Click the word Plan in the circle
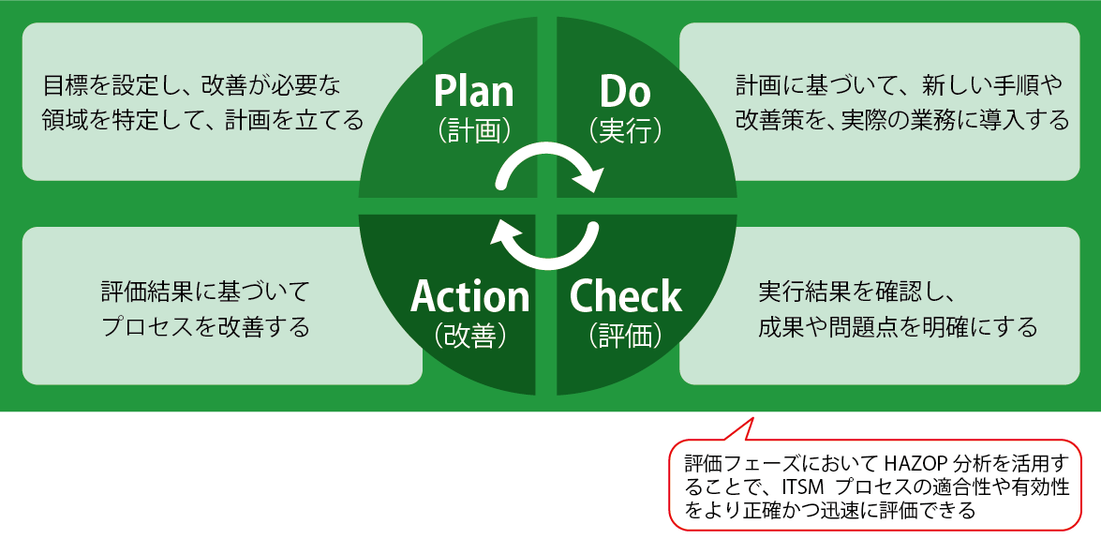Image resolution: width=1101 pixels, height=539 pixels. click(x=473, y=91)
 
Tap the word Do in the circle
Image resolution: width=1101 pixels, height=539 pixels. click(x=625, y=91)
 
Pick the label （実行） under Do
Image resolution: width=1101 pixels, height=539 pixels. click(x=625, y=129)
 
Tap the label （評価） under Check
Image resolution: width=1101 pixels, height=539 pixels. click(x=625, y=335)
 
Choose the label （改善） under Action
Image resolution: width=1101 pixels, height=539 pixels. click(x=471, y=335)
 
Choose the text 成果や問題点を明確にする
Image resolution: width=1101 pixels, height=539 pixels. click(x=898, y=327)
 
